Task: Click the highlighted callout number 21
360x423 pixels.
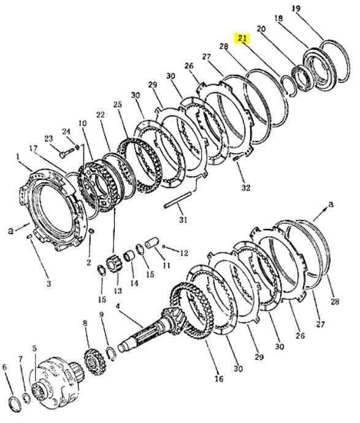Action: (x=242, y=38)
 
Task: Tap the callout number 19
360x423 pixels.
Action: (x=296, y=9)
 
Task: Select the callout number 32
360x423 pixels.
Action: (x=245, y=187)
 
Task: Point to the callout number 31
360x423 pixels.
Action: (x=183, y=219)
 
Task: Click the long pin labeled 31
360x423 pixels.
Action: (x=178, y=200)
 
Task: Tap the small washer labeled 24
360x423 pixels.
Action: (x=77, y=147)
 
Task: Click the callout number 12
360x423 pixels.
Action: (x=183, y=253)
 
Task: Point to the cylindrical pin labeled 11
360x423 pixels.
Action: (x=151, y=243)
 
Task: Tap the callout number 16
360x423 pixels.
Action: (x=219, y=378)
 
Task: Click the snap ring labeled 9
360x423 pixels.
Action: (x=111, y=354)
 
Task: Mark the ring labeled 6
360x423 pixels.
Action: (x=13, y=405)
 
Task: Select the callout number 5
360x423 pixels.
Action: (x=34, y=348)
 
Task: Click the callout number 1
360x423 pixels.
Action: (x=18, y=156)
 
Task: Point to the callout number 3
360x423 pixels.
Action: (x=48, y=284)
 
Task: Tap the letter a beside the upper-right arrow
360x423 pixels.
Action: (x=331, y=204)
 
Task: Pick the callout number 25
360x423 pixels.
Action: (x=118, y=104)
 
